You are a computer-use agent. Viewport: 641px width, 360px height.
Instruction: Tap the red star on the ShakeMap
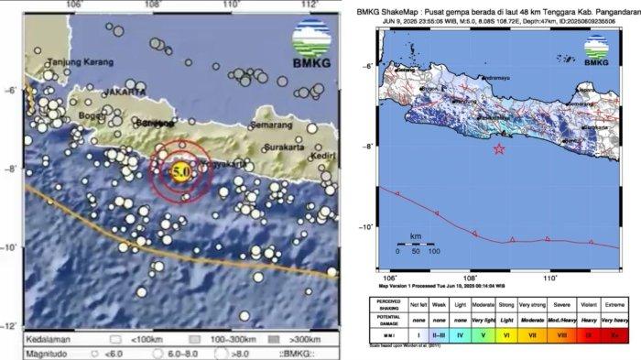pyautogui.click(x=499, y=149)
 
